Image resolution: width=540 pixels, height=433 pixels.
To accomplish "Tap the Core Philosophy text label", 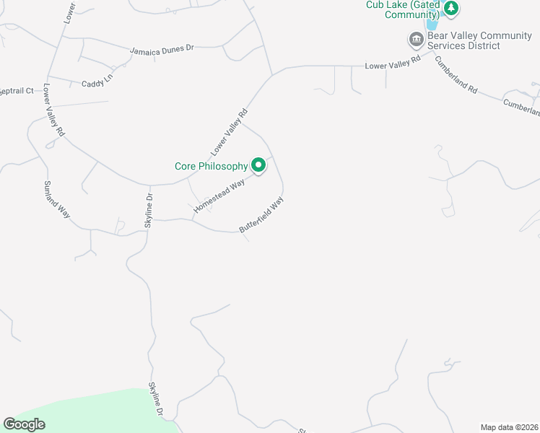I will pos(212,166).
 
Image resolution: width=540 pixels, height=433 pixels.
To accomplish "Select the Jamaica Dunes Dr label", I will pos(162,50).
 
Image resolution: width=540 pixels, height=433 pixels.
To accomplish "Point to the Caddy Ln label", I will pos(97,83).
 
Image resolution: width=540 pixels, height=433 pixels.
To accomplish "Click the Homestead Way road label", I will pos(219,191).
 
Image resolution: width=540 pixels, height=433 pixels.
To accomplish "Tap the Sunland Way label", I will pos(58,199).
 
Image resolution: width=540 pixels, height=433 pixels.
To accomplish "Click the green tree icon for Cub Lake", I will pos(452,9).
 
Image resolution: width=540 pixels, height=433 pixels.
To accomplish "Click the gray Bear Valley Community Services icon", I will pos(416,39).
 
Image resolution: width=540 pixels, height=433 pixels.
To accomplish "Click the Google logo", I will pos(24,424).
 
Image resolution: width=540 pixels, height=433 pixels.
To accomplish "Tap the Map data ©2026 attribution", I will pos(509,427).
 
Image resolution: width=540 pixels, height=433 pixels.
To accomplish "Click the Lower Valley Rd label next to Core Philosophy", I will pos(230,131).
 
